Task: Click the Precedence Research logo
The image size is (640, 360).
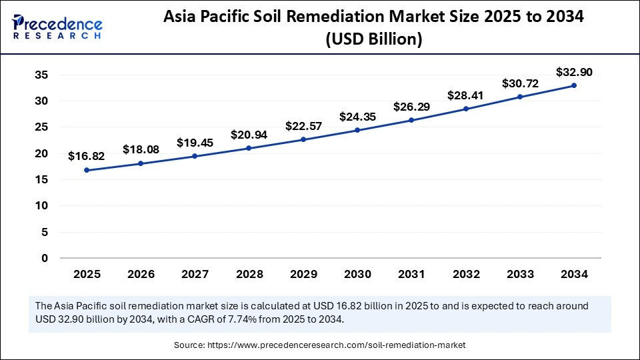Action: (x=57, y=26)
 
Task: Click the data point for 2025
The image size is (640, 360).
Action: (x=87, y=170)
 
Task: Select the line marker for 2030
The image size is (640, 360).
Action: (x=357, y=130)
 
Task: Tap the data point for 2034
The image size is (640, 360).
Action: (x=573, y=85)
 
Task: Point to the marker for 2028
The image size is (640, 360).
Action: (x=249, y=148)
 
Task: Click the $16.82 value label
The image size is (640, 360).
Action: (x=86, y=156)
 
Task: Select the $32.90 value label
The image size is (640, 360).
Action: (x=574, y=72)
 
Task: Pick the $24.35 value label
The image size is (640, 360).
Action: (x=357, y=117)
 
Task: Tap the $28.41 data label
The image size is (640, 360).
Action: (x=465, y=95)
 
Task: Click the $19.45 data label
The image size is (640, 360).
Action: (x=195, y=143)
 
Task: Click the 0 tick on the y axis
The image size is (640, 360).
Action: (x=45, y=258)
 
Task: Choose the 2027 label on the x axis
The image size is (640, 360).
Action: (x=195, y=274)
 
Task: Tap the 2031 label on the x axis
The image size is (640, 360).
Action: (x=411, y=274)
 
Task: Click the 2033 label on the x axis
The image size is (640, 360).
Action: (x=519, y=274)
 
